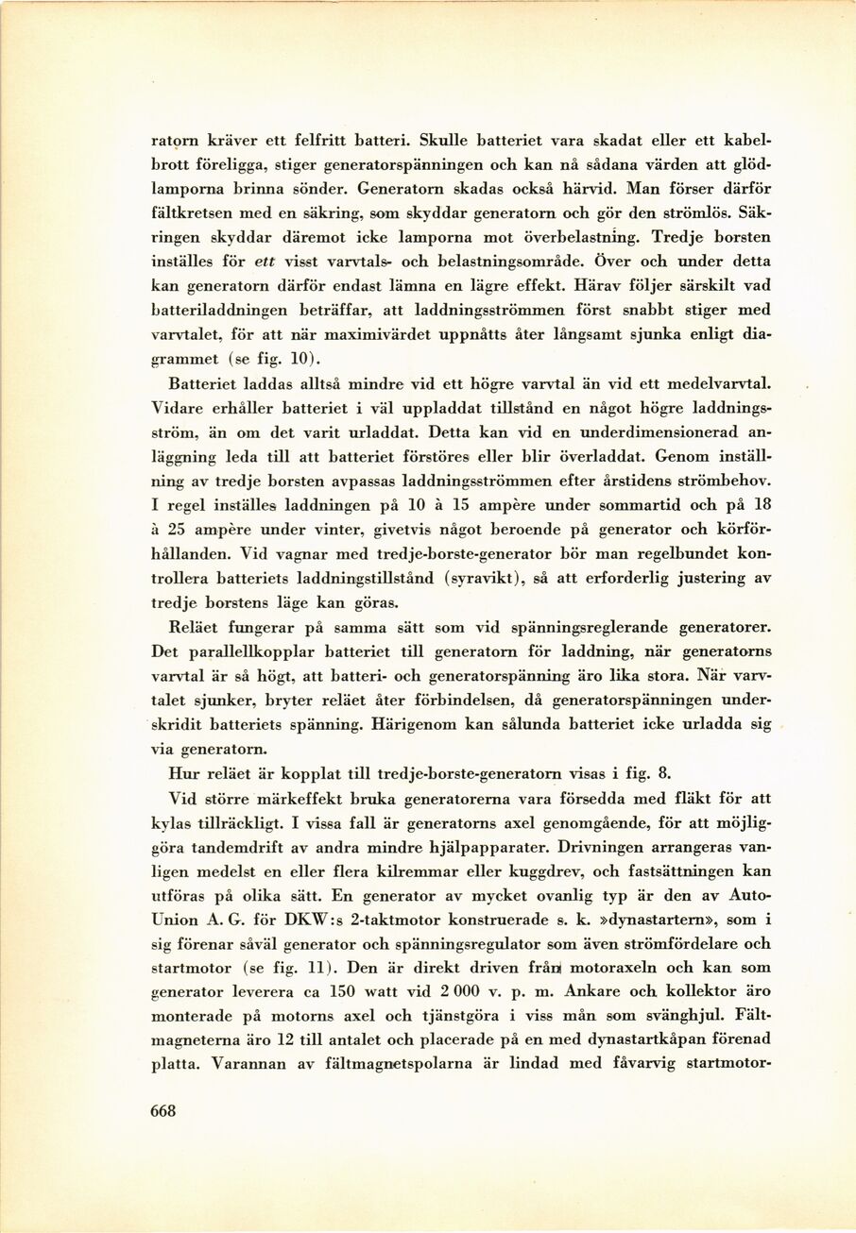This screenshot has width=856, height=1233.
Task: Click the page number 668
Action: (x=164, y=1110)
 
